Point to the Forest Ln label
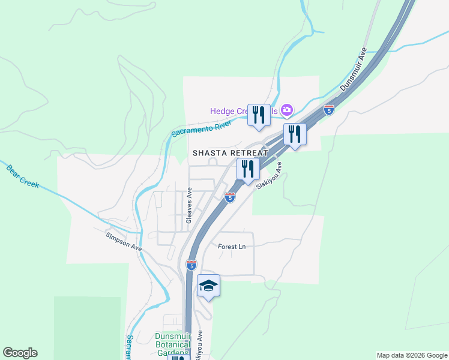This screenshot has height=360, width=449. click(232, 246)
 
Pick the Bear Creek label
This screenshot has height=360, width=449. click(23, 175)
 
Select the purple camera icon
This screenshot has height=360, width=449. click(287, 110)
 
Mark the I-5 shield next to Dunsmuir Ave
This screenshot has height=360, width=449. click(328, 110)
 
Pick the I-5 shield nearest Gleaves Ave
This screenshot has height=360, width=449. click(230, 197)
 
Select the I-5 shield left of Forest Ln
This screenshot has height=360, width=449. click(191, 265)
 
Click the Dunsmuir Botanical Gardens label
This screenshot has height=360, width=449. click(172, 344)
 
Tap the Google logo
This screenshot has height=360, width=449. click(20, 353)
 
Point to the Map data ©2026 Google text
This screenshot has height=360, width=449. click(412, 355)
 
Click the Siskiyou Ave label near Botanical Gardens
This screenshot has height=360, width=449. click(199, 346)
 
